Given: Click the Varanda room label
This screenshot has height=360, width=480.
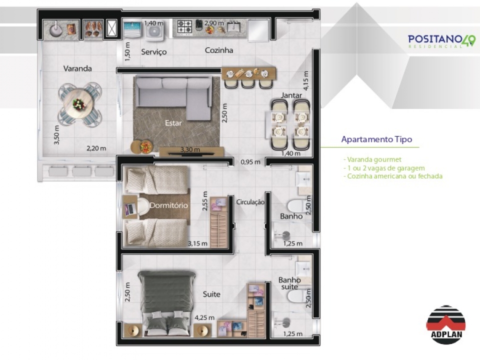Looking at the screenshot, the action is tap(77, 68).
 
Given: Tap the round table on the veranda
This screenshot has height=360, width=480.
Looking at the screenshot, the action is tap(79, 104).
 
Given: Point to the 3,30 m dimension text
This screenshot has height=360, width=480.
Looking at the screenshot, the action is tap(190, 149).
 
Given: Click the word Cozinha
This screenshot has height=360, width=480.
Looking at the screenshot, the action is tap(219, 50).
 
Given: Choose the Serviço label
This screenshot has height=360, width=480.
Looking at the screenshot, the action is tap(154, 52).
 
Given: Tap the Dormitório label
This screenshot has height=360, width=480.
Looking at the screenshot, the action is tap(168, 205).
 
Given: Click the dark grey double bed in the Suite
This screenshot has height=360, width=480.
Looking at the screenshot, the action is tap(167, 303).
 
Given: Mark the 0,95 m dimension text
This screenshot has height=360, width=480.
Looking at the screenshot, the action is tap(250, 162).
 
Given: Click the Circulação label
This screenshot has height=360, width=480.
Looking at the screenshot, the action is tap(250, 202).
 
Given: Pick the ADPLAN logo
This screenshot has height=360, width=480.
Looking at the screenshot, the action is tap(446, 325).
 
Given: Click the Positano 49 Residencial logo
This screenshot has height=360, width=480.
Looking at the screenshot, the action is tap(441, 41).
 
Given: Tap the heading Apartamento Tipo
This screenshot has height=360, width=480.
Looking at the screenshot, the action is tap(376, 139).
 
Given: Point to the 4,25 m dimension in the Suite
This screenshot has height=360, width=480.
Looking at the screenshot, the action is tap(204, 318).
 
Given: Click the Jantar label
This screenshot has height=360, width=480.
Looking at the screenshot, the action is tap(291, 95).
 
